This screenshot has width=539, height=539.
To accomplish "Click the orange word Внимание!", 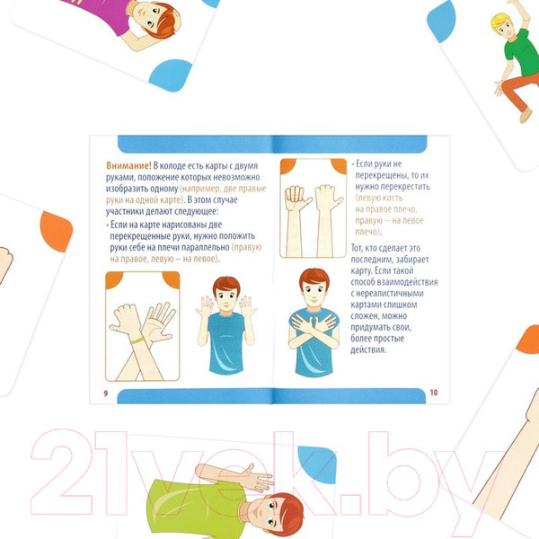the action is [128, 165].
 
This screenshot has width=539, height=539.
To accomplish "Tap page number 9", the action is [105, 393].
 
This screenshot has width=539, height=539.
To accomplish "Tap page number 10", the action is [434, 393].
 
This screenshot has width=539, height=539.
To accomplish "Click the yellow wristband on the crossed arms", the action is [137, 340].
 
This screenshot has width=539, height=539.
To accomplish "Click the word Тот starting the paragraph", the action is [357, 248].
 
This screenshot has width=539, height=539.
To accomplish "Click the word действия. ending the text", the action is [368, 350].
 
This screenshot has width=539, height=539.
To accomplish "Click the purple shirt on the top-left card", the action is [100, 14].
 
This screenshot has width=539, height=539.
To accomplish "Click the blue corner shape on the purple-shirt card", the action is [170, 75].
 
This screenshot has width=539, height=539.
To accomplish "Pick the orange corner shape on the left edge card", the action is [56, 232].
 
